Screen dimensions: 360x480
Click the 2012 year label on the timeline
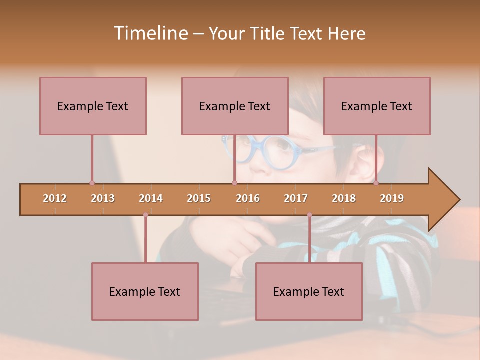[x=55, y=198]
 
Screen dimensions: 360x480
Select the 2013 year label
[x=103, y=198]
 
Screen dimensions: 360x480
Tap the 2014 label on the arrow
[x=151, y=198]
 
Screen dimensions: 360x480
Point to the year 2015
[x=199, y=198]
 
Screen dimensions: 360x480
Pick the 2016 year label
[x=248, y=198]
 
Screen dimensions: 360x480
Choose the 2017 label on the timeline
[x=296, y=198]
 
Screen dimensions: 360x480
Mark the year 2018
[x=344, y=198]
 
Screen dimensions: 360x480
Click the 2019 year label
[x=392, y=198]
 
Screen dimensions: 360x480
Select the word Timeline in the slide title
[x=150, y=33]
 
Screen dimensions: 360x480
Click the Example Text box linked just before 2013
[x=93, y=106]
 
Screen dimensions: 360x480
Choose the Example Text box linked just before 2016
[x=235, y=106]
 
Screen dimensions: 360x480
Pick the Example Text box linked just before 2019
[x=377, y=106]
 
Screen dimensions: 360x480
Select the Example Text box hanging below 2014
[x=145, y=291]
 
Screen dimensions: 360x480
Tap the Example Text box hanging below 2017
[x=309, y=291]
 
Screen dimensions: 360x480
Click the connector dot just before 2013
[x=92, y=183]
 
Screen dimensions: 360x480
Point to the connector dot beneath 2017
[x=309, y=215]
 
